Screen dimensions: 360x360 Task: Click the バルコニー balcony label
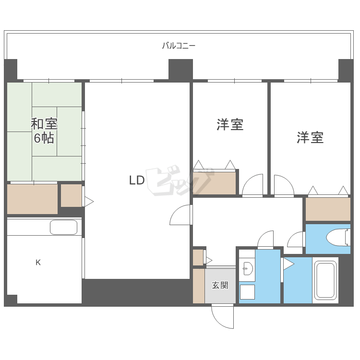[x=179, y=46]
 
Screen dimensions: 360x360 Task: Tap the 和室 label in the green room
[x=44, y=124]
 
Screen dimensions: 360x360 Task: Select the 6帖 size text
[x=44, y=139]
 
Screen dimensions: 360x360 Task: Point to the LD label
[x=137, y=180]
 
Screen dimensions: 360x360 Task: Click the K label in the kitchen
[x=38, y=263]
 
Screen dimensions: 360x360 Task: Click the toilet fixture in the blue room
[x=338, y=237]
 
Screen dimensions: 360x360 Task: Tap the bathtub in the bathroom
[x=326, y=280]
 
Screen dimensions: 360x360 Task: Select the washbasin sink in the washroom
[x=248, y=270]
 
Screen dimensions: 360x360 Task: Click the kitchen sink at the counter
[x=63, y=228]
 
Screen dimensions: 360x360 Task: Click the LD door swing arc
[x=180, y=216]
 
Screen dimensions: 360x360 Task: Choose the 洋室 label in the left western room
[x=230, y=125]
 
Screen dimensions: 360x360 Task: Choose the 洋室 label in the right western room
[x=310, y=138]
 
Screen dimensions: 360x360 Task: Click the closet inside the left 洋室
[x=215, y=182]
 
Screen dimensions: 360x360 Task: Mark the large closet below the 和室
[x=32, y=199]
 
